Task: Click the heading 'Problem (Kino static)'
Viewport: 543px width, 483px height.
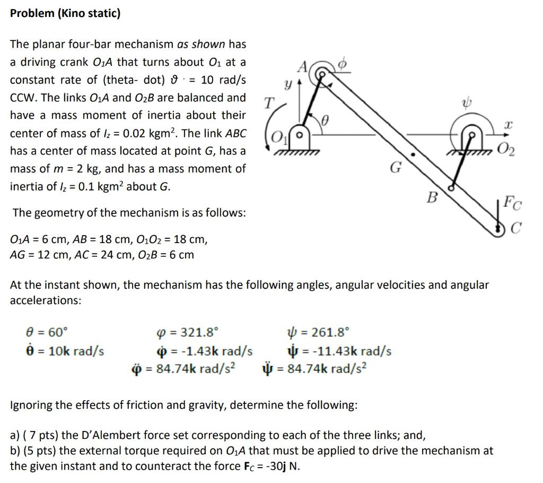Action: tap(65, 13)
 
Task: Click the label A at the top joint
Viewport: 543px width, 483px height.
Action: tap(303, 67)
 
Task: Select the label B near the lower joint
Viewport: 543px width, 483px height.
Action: tap(433, 199)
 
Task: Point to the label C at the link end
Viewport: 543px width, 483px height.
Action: tap(516, 229)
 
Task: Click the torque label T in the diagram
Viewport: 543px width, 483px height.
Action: tap(269, 103)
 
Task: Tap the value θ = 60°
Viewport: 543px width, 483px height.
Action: tap(47, 333)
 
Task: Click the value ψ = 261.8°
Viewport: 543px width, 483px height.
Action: tap(318, 333)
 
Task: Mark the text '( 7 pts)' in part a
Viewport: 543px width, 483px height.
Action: tap(40, 435)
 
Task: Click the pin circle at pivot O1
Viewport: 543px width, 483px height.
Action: tap(300, 134)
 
